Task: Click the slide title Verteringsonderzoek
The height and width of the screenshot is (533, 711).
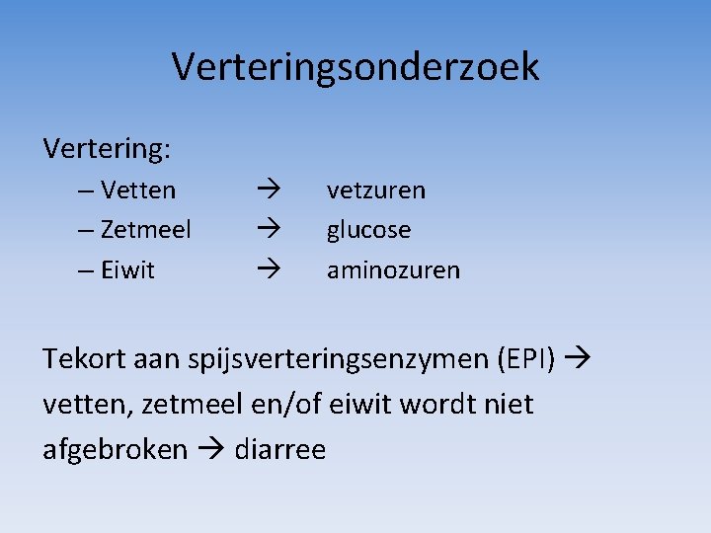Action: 355,67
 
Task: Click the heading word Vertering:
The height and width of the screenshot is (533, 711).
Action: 107,149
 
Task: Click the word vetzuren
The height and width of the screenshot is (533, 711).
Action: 376,190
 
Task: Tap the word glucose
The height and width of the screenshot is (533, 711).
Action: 369,230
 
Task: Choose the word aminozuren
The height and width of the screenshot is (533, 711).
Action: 393,270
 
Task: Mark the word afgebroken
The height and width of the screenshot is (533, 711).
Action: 115,449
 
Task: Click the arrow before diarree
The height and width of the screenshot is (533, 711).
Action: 210,449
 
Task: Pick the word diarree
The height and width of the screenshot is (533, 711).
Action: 280,449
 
